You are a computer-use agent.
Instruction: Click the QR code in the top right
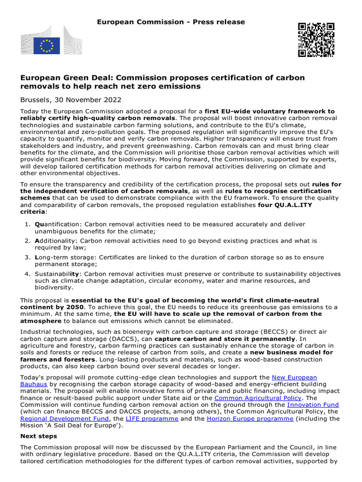[316, 40]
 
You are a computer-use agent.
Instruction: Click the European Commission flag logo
[47, 46]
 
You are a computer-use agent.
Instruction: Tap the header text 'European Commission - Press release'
[171, 22]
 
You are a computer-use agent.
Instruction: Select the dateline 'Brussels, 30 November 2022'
[71, 100]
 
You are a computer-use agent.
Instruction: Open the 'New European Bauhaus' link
[295, 378]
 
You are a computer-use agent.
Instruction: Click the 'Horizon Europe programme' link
[250, 418]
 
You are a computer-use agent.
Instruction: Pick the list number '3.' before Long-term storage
[27, 257]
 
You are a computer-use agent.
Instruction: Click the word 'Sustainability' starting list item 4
[58, 274]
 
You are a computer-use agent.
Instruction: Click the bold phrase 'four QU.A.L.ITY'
[285, 205]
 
